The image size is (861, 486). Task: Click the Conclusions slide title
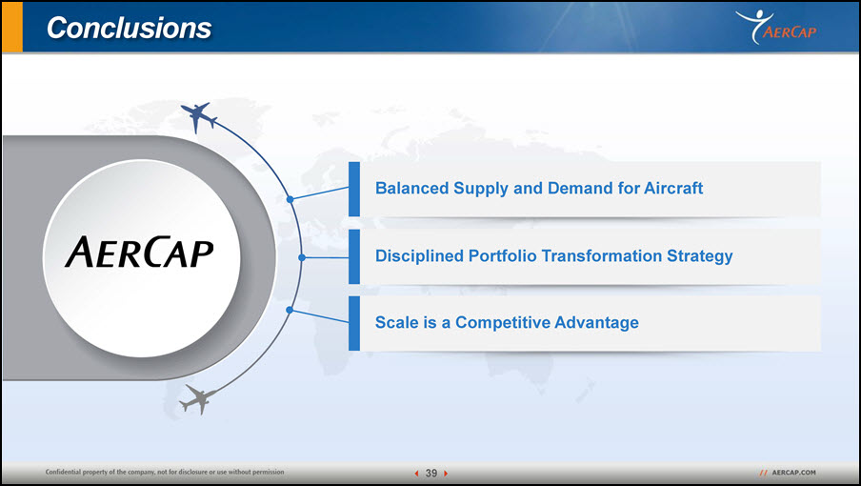click(x=129, y=28)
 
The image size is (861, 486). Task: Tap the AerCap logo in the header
click(x=776, y=27)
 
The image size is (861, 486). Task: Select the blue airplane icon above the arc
click(x=198, y=116)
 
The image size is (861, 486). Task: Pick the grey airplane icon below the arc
click(x=198, y=399)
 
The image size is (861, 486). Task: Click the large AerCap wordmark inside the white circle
click(x=139, y=253)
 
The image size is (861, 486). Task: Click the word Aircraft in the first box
click(x=673, y=188)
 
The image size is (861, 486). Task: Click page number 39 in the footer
click(x=431, y=473)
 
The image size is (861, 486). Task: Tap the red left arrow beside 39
click(x=417, y=473)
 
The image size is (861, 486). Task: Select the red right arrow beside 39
click(x=446, y=473)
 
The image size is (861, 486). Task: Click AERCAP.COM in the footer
click(x=793, y=473)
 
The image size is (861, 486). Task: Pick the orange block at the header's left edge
click(x=12, y=27)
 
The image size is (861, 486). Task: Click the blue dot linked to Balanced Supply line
click(x=290, y=199)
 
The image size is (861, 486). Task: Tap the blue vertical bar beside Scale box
click(x=354, y=323)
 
